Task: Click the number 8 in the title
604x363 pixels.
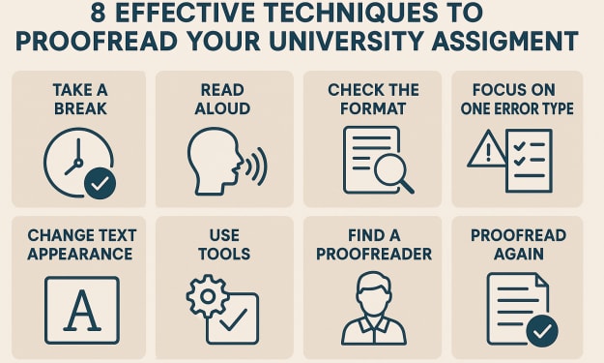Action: click(x=99, y=13)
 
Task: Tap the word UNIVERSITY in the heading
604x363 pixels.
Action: click(x=346, y=41)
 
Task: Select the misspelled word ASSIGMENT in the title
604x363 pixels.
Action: click(x=504, y=41)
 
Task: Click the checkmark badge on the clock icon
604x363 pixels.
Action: click(x=100, y=183)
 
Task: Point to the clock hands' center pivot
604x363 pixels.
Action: click(x=78, y=163)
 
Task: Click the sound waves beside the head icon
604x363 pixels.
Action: click(x=256, y=166)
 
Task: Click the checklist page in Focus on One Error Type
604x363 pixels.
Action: click(x=530, y=161)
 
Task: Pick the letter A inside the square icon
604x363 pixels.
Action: click(x=82, y=311)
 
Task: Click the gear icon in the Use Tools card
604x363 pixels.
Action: click(x=208, y=296)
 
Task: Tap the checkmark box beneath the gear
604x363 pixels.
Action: click(x=232, y=318)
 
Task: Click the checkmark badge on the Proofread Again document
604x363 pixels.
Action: click(x=542, y=331)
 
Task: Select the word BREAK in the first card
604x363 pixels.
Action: click(x=80, y=108)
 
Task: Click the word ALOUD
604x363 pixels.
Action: click(x=222, y=108)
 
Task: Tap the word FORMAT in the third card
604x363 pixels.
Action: click(x=373, y=108)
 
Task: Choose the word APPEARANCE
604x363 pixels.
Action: click(x=80, y=255)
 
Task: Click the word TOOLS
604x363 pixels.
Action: click(x=224, y=255)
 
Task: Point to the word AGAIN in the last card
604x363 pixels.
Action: click(x=519, y=255)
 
